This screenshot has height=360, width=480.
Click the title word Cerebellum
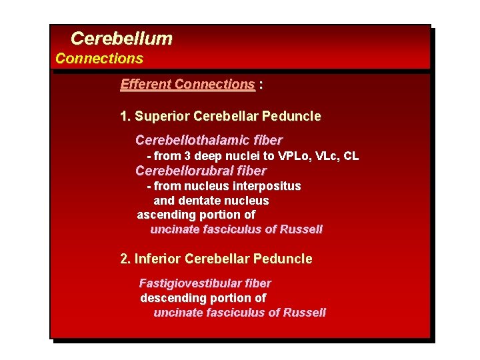(x=121, y=39)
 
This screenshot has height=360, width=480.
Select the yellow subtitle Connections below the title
(x=99, y=59)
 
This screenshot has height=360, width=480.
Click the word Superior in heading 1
(x=162, y=117)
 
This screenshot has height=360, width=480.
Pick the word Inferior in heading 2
(x=157, y=259)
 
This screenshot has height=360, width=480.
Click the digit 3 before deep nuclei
(x=188, y=156)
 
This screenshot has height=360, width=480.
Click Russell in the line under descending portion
(x=304, y=313)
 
